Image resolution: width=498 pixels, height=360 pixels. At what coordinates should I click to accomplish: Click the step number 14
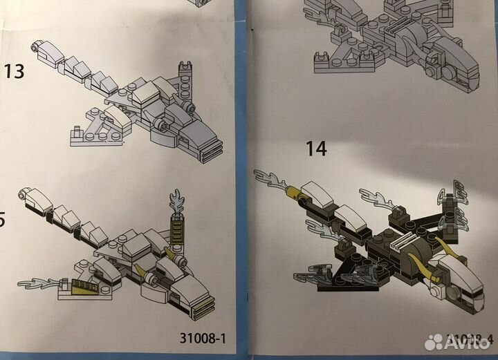click(x=317, y=147)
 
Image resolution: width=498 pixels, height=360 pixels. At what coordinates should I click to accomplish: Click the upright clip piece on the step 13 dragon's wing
click(x=185, y=70)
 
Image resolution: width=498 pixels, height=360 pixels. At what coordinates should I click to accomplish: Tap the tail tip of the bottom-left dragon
click(x=28, y=195)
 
